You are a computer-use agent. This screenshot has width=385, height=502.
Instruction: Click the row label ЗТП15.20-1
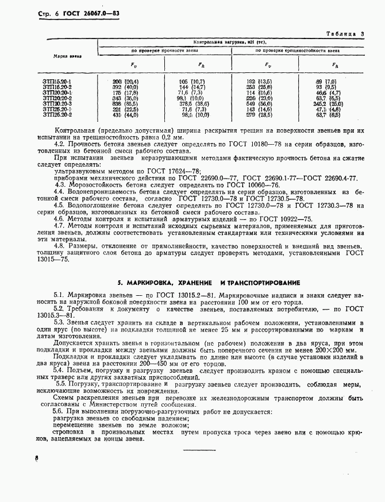[57, 82]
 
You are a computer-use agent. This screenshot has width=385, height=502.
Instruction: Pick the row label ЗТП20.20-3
[57, 103]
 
